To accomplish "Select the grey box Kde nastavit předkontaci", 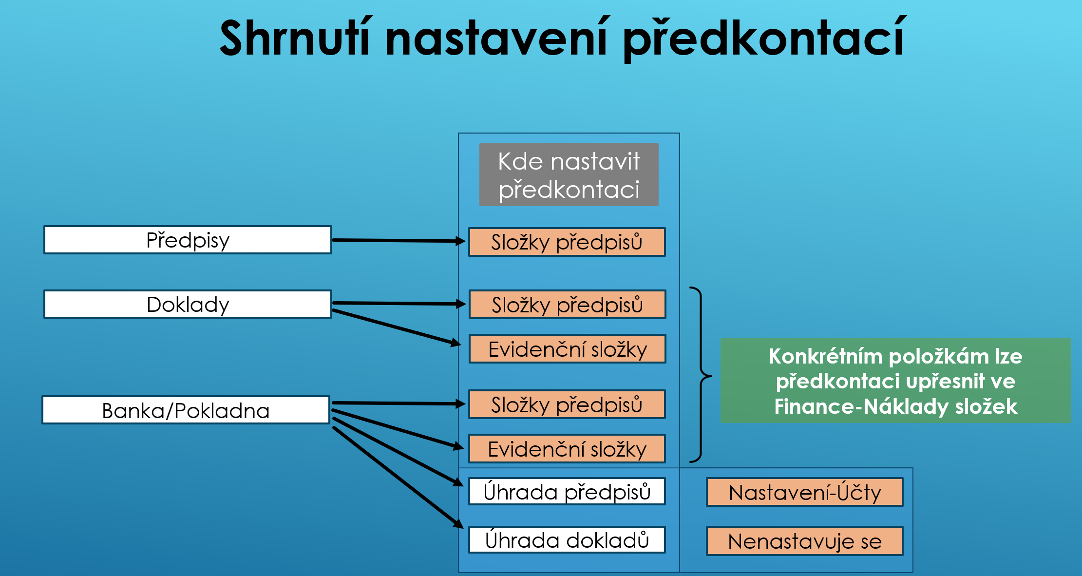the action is click(x=569, y=174).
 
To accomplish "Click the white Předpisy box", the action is click(x=188, y=240).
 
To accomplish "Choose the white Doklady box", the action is click(x=188, y=304).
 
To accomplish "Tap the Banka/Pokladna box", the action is click(x=186, y=410).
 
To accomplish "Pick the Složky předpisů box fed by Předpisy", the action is click(x=567, y=242).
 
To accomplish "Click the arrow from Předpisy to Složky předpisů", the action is click(x=399, y=240).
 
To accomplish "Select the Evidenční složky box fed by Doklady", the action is click(x=567, y=349).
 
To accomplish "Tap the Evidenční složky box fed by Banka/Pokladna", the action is click(x=567, y=449).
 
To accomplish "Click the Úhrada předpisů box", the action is click(x=567, y=491).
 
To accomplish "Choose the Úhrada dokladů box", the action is click(x=567, y=540).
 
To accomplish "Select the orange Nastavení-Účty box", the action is click(x=804, y=492).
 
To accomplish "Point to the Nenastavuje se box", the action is click(x=804, y=541).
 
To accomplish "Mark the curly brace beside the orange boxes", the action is click(x=701, y=375).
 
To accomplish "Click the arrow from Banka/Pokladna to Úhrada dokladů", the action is click(x=398, y=477).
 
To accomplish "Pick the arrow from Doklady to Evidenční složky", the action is click(x=396, y=327).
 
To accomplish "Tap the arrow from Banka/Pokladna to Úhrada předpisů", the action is click(x=398, y=451).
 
